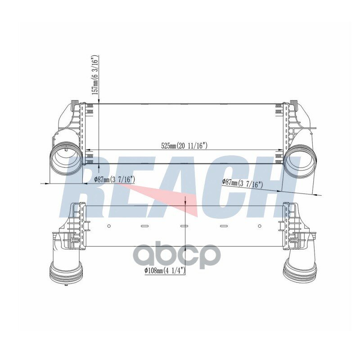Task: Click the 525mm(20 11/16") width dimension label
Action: click(x=184, y=146)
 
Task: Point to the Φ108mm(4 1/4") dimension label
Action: click(x=165, y=271)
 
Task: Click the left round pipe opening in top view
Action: click(x=65, y=159)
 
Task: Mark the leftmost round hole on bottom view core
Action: click(x=109, y=226)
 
